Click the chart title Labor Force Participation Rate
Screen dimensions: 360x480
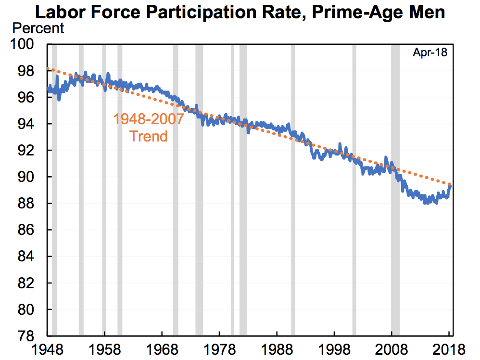[x=240, y=12]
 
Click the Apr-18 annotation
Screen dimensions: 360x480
[x=429, y=53]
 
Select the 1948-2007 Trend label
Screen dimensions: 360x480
[x=149, y=127]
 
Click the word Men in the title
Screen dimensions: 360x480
[x=427, y=12]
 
